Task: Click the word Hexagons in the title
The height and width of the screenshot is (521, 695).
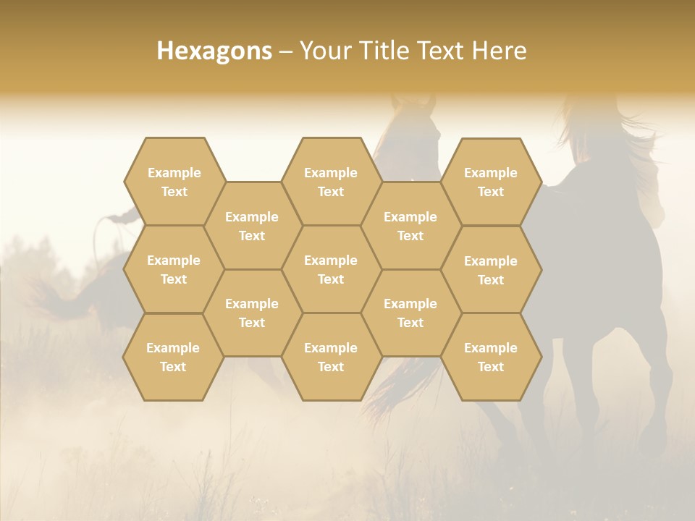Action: [x=214, y=51]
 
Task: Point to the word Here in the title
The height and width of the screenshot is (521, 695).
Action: [x=500, y=51]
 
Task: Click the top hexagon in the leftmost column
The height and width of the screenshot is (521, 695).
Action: [x=174, y=182]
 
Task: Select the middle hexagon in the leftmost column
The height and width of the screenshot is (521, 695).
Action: [x=174, y=269]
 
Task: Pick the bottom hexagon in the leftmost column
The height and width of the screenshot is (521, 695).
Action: [x=173, y=357]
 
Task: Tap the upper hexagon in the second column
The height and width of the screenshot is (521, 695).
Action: [x=252, y=226]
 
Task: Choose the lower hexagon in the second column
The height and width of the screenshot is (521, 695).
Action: [x=252, y=313]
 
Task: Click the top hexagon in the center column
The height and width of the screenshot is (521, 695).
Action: [x=331, y=182]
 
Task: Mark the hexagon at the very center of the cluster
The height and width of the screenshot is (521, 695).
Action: [x=331, y=269]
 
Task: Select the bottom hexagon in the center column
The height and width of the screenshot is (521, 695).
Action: [x=331, y=357]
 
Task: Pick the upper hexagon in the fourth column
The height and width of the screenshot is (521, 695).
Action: [x=410, y=226]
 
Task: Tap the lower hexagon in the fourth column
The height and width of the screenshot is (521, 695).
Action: [x=410, y=313]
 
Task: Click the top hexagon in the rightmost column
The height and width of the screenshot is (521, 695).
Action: [x=491, y=182]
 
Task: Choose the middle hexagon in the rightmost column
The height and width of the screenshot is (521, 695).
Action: [x=491, y=270]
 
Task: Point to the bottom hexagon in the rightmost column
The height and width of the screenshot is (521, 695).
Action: [x=491, y=357]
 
